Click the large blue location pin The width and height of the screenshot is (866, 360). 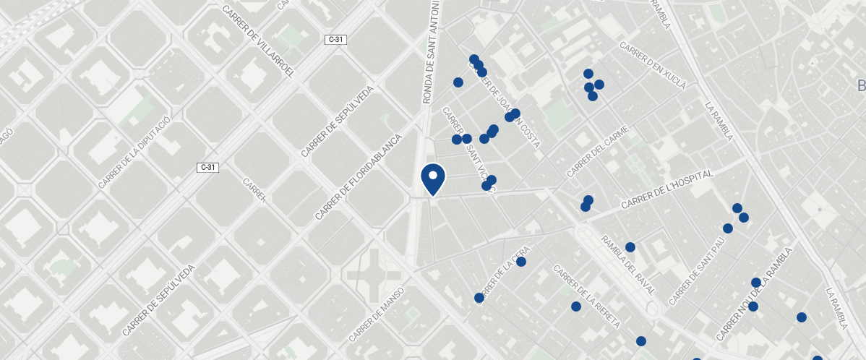click(x=433, y=179)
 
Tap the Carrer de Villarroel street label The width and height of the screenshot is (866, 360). click(x=259, y=43)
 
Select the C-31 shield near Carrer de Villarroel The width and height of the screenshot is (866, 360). click(x=335, y=40)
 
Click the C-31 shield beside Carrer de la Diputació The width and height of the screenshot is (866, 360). click(x=207, y=168)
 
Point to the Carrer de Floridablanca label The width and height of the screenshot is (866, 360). click(x=359, y=176)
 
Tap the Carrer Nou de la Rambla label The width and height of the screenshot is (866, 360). click(x=755, y=294)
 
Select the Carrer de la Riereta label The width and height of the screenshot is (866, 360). click(x=586, y=297)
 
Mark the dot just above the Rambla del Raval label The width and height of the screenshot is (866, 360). click(x=630, y=247)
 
